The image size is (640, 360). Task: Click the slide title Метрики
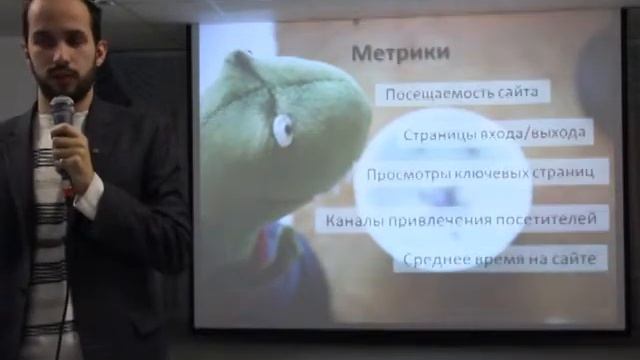click(400, 52)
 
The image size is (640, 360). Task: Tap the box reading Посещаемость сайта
click(461, 93)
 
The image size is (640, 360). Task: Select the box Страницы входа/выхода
click(495, 133)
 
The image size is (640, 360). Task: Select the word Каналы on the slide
click(351, 217)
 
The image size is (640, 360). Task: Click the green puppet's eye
click(284, 128)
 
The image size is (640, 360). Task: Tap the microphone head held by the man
click(62, 107)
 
